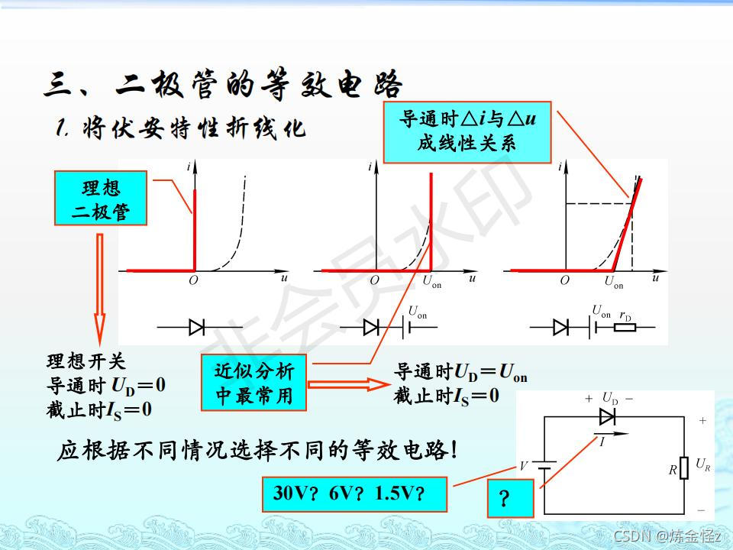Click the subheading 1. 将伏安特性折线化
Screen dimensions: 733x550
coord(180,128)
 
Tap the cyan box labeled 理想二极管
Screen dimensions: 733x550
coord(100,198)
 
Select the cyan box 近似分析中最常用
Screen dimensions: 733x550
coord(253,383)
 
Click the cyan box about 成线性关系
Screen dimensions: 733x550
coord(467,132)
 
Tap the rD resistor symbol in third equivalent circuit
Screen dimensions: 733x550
coord(625,328)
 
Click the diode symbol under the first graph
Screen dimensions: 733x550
coord(196,328)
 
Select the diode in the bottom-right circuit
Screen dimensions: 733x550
coord(608,416)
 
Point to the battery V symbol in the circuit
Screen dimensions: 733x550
coord(544,466)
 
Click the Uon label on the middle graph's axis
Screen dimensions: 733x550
coord(431,281)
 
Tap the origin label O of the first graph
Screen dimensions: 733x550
coord(193,281)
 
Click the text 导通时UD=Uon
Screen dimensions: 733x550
coord(460,373)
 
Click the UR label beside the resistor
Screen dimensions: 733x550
coord(703,464)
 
